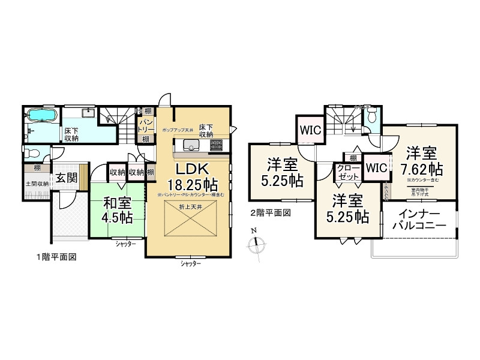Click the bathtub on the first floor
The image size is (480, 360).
42,115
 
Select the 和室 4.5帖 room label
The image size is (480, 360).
117,211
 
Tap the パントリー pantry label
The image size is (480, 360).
146,125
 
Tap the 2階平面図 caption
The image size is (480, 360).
270,212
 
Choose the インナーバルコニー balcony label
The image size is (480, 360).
418,220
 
